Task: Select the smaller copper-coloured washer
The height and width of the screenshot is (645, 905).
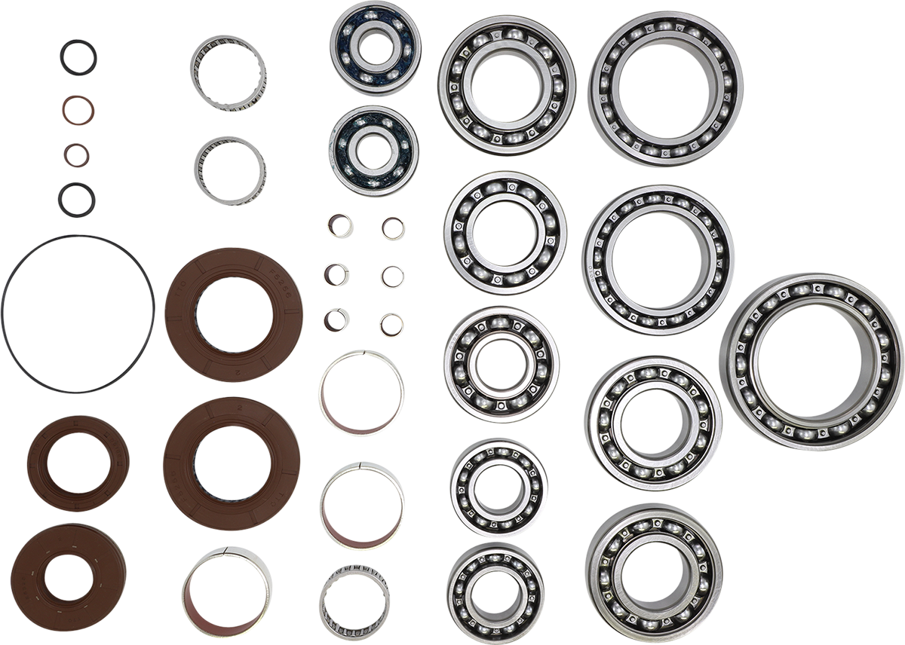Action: click(x=76, y=155)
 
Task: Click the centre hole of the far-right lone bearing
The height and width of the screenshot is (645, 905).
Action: click(x=811, y=362)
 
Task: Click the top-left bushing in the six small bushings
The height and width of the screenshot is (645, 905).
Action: click(x=339, y=225)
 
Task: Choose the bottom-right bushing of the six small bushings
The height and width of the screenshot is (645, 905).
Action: click(x=392, y=325)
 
